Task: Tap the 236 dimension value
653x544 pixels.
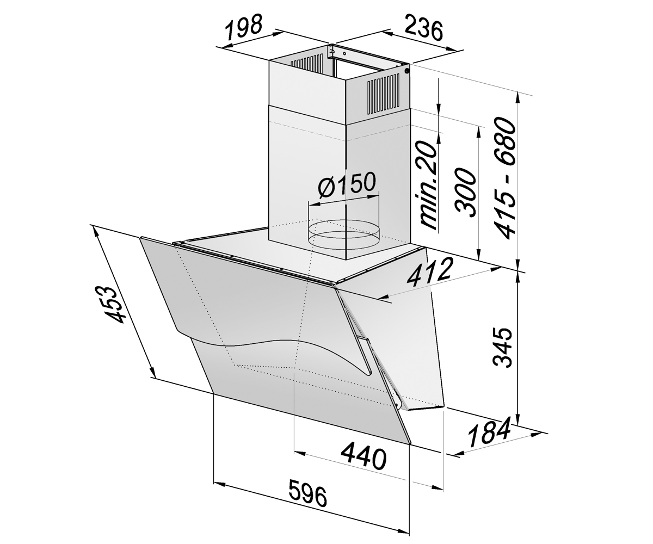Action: click(x=423, y=30)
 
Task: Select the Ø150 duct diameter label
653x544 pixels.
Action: click(x=346, y=186)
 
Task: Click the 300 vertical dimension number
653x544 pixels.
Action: click(x=466, y=192)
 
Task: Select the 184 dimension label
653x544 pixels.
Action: click(x=489, y=433)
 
